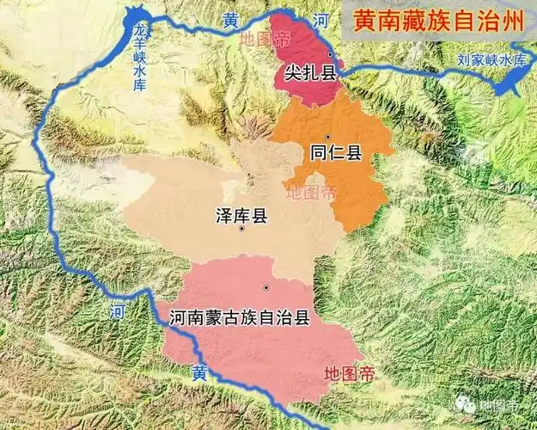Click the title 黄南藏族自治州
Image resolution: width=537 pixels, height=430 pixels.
point(439,20)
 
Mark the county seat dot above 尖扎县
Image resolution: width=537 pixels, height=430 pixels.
point(328,53)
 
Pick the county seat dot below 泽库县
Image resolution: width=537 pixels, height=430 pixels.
point(243,229)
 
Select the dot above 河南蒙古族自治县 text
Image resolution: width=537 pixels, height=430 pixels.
point(267,287)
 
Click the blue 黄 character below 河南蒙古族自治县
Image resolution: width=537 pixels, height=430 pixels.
point(198,372)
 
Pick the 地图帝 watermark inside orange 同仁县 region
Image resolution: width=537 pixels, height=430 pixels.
point(311,193)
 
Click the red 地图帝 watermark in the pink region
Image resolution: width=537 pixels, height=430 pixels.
point(346,373)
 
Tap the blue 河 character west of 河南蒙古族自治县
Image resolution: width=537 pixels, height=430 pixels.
point(116,310)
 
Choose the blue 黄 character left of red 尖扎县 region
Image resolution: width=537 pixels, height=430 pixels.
point(230,22)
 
